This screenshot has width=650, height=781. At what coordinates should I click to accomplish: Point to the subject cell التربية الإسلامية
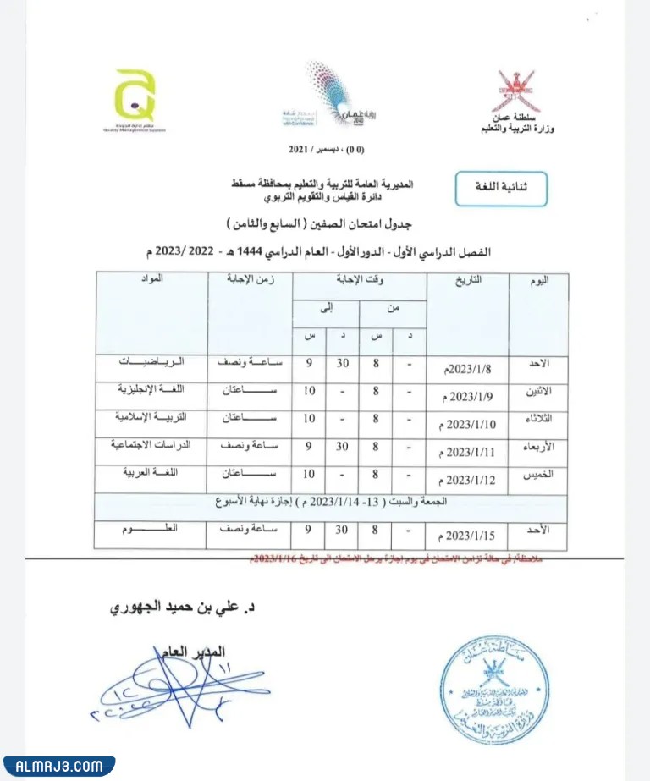pyautogui.click(x=151, y=416)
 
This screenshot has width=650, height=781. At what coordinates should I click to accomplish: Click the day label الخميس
pyautogui.click(x=537, y=476)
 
